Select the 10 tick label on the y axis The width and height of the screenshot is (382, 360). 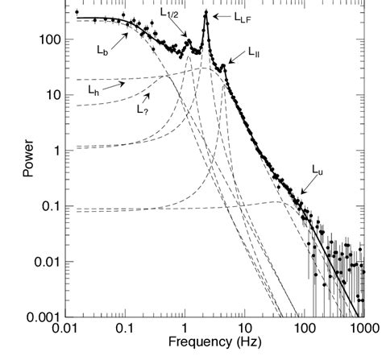[48, 95]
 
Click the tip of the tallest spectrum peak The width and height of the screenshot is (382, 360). [206, 11]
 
